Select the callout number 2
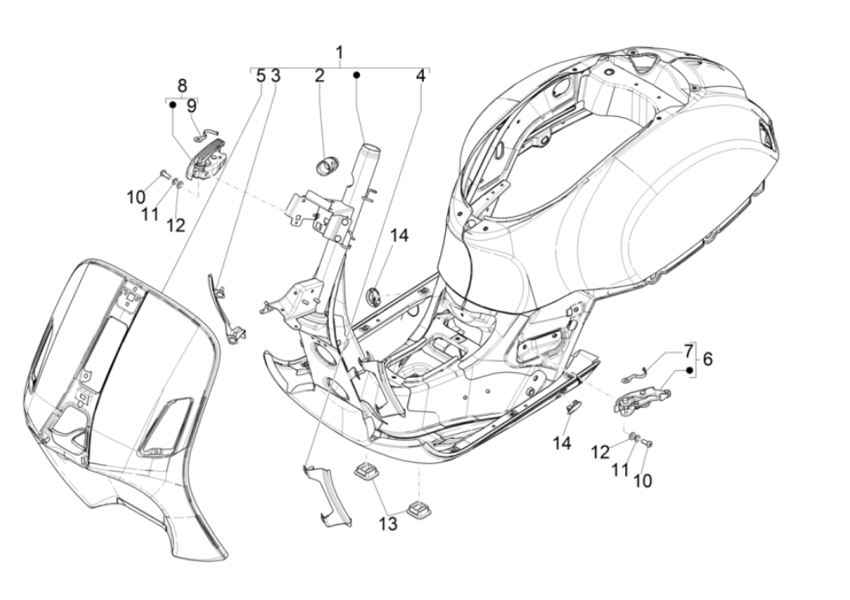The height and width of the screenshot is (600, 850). click(320, 76)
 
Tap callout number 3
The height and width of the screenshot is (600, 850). click(275, 76)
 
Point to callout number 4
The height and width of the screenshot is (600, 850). click(420, 76)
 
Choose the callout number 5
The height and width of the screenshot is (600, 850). click(260, 76)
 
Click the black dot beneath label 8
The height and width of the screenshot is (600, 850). click(172, 106)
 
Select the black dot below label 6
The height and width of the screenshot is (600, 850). click(689, 371)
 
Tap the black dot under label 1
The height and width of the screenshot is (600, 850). click(356, 76)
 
